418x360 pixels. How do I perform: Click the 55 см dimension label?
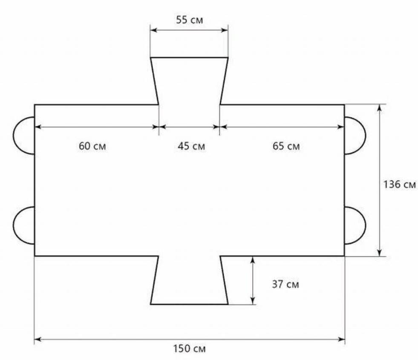tap(189, 20)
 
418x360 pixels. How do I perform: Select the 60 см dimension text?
tap(92, 146)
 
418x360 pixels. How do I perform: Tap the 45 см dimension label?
tap(191, 146)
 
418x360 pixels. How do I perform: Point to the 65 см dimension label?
tap(286, 146)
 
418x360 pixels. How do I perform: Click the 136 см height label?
tap(399, 184)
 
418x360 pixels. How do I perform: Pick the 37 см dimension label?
tap(285, 284)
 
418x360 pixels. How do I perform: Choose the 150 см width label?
tap(190, 348)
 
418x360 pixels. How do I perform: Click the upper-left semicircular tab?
tap(13, 135)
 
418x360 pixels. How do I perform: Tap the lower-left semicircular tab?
tap(13, 225)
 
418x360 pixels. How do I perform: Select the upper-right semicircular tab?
tap(365, 135)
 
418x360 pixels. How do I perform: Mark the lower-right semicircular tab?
tap(365, 225)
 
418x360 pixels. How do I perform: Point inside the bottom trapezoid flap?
tap(189, 280)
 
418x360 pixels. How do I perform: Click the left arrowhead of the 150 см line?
tap(37, 339)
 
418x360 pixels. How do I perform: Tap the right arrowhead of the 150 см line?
tap(341, 339)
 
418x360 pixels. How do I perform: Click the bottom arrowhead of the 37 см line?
tap(253, 301)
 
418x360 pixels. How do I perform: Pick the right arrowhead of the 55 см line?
tap(225, 30)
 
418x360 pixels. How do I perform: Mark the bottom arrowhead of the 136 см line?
tap(380, 253)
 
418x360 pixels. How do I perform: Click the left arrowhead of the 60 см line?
tap(38, 127)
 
